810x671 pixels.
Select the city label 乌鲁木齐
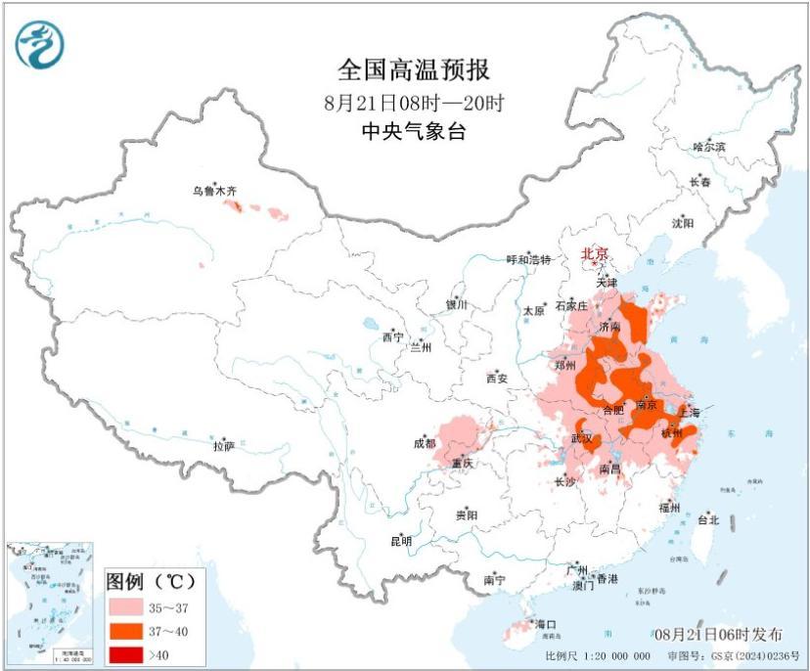(x=214, y=193)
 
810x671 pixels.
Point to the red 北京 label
(x=595, y=253)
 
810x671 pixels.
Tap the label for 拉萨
(x=224, y=445)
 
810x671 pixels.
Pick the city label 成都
(x=425, y=444)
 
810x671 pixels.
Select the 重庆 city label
(x=462, y=463)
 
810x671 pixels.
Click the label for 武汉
(x=582, y=438)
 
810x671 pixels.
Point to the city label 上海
(x=690, y=412)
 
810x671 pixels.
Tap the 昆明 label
(x=401, y=541)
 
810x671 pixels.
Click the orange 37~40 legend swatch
(x=128, y=630)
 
